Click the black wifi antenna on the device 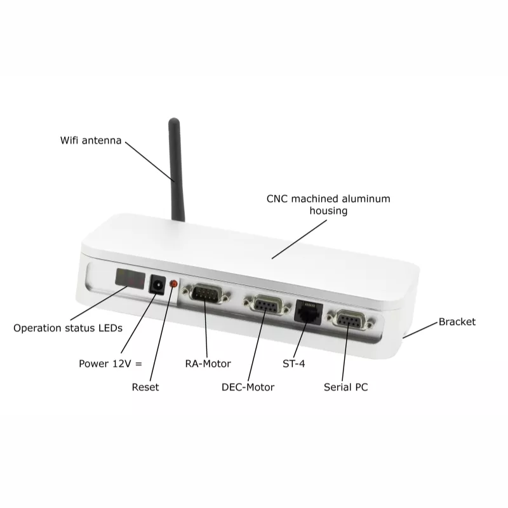click(x=176, y=170)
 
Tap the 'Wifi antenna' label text click(x=91, y=140)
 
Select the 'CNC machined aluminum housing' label click(x=328, y=204)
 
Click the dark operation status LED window click(x=130, y=278)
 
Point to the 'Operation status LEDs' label click(x=68, y=328)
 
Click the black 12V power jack click(x=157, y=284)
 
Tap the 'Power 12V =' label click(x=110, y=363)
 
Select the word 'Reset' click(x=145, y=387)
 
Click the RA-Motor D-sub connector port click(x=206, y=293)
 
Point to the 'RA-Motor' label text click(x=208, y=363)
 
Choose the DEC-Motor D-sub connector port click(x=267, y=305)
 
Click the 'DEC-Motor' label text click(x=248, y=387)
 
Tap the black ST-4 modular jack click(x=309, y=312)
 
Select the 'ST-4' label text click(x=294, y=363)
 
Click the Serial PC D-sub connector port click(x=351, y=320)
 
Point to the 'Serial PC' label click(x=345, y=387)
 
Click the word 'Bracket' click(x=457, y=322)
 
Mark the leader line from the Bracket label click(x=420, y=330)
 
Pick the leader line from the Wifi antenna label click(x=150, y=162)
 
